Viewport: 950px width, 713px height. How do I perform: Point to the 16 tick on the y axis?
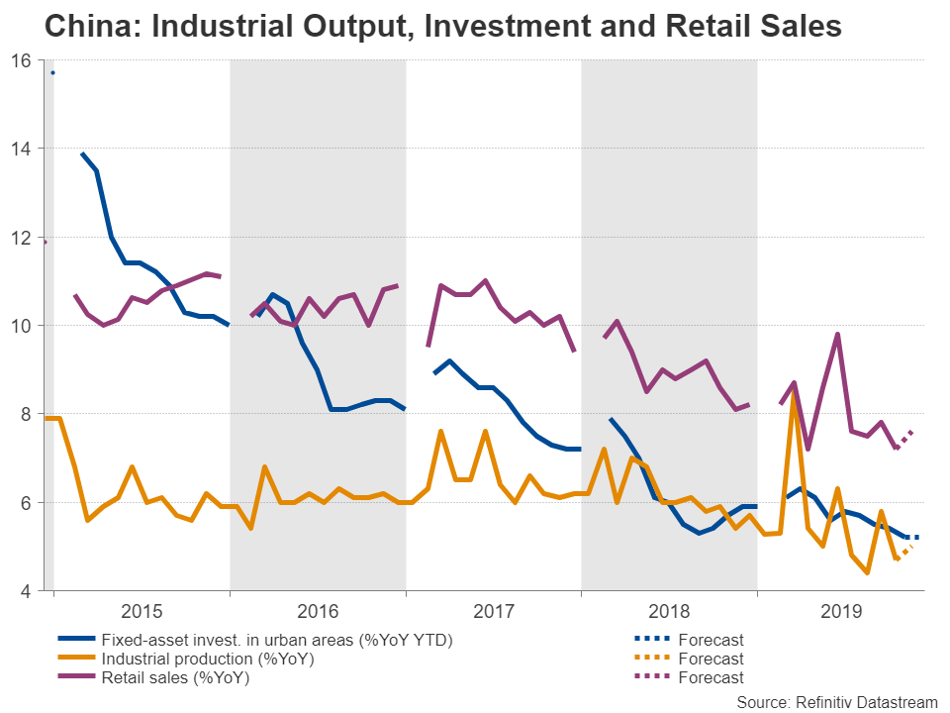tap(22, 60)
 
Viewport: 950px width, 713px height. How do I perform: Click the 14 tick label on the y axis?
tap(22, 149)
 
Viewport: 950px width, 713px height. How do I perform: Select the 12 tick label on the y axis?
tap(22, 238)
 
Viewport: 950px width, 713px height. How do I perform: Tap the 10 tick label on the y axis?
tap(22, 326)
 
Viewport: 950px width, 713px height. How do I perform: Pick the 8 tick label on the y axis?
tap(27, 414)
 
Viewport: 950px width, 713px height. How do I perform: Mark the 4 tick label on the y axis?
tap(27, 591)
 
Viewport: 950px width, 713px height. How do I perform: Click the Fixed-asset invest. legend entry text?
tap(277, 641)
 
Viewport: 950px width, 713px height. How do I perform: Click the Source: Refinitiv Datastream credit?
tap(836, 701)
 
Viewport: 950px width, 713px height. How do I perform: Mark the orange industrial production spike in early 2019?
tap(793, 396)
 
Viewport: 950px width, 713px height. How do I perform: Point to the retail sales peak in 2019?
tap(838, 335)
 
